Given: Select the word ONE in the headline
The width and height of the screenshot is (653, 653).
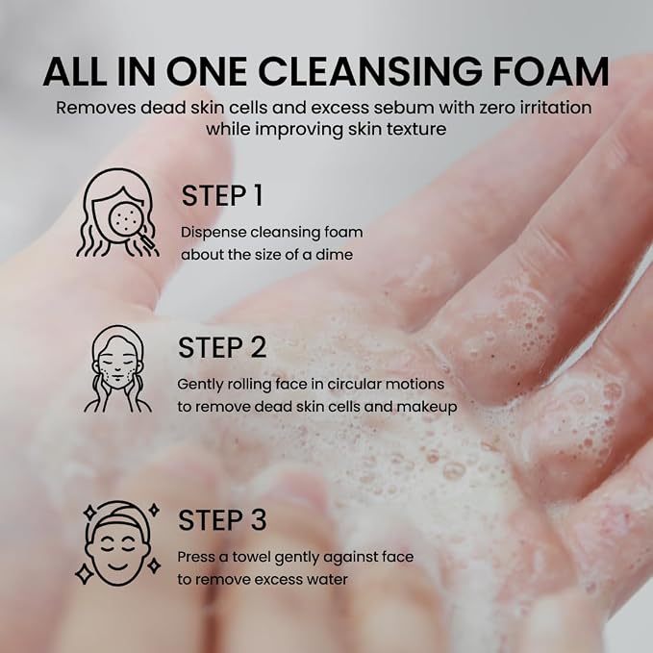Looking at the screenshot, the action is pyautogui.click(x=207, y=71).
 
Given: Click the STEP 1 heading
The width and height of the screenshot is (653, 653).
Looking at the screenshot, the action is pyautogui.click(x=222, y=196).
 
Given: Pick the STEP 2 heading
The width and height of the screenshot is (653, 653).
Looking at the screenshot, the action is pyautogui.click(x=222, y=348).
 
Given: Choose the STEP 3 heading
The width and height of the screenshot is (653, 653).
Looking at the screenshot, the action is pyautogui.click(x=222, y=520).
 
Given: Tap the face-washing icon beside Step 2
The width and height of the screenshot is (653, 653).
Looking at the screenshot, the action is pyautogui.click(x=118, y=369).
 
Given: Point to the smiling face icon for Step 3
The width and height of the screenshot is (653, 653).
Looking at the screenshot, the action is pyautogui.click(x=118, y=543).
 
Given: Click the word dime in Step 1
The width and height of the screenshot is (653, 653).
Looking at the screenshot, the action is pyautogui.click(x=335, y=255).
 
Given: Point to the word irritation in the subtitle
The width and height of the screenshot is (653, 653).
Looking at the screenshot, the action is pyautogui.click(x=556, y=108).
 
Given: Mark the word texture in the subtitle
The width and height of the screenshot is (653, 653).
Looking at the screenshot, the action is pyautogui.click(x=416, y=129).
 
